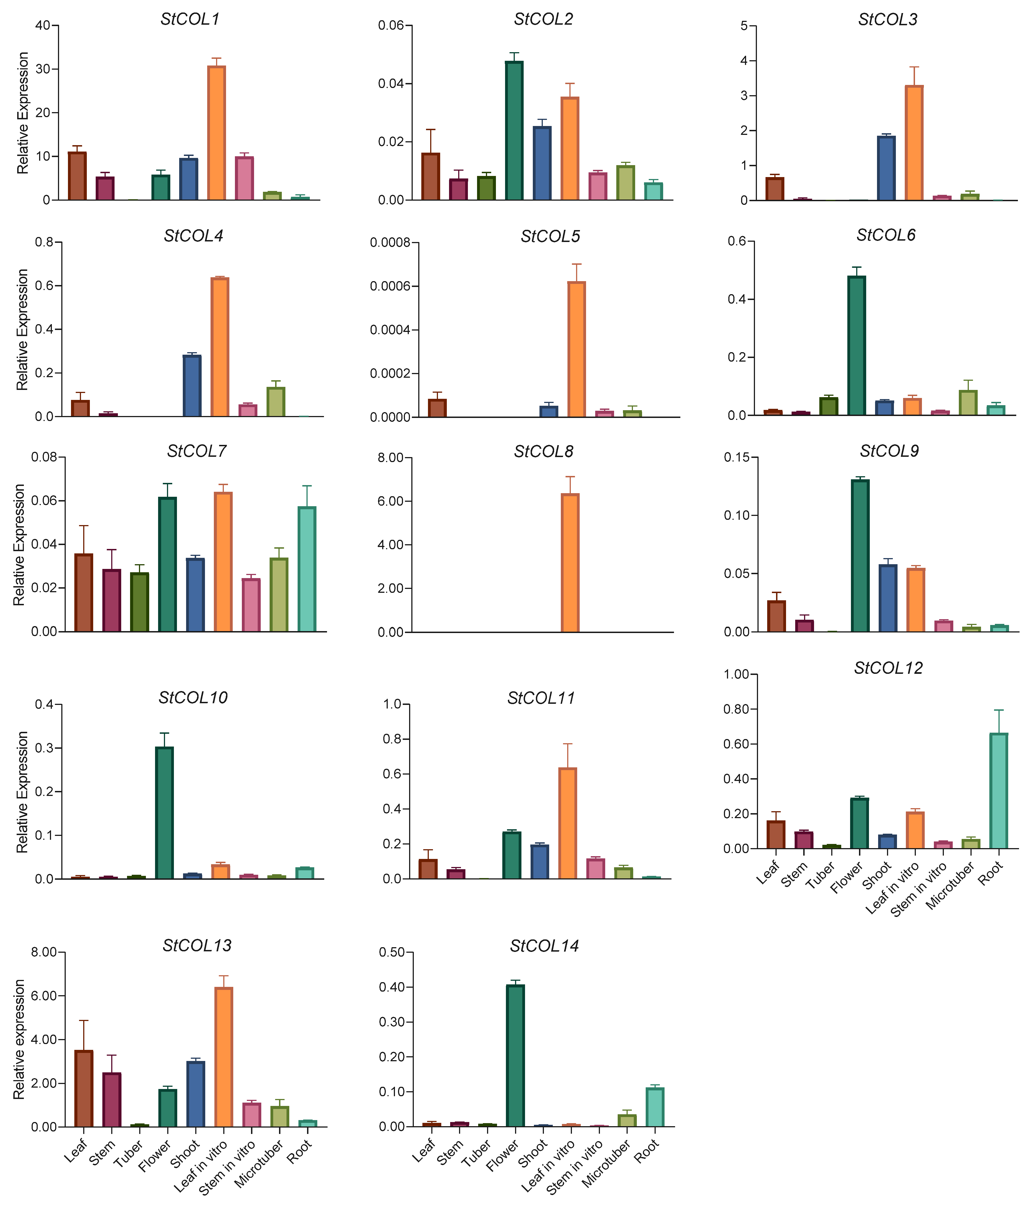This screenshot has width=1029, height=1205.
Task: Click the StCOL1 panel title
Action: tap(190, 19)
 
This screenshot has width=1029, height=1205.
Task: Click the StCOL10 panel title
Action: tap(193, 697)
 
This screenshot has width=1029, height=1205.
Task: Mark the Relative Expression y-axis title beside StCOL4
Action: tap(22, 329)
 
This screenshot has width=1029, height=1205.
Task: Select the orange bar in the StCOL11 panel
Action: tap(567, 823)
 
